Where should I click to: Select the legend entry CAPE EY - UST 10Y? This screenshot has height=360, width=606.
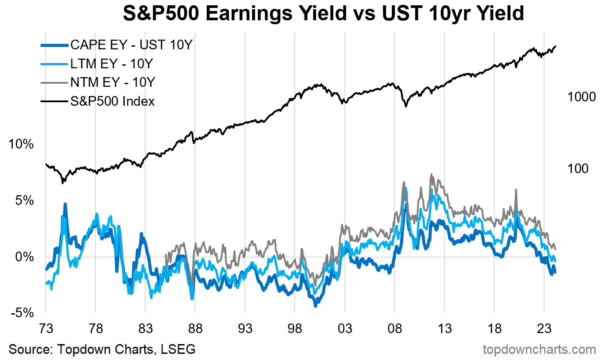coord(131,45)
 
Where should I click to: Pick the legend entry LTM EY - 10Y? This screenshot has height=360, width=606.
coord(111,64)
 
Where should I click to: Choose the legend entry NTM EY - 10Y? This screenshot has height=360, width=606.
coord(112,82)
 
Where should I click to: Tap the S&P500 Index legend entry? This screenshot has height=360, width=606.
coord(112,101)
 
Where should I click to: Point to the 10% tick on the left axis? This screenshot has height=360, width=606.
coord(21,145)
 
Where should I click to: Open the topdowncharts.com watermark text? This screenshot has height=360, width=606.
coord(539,349)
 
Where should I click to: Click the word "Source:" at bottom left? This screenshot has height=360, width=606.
coord(30,349)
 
